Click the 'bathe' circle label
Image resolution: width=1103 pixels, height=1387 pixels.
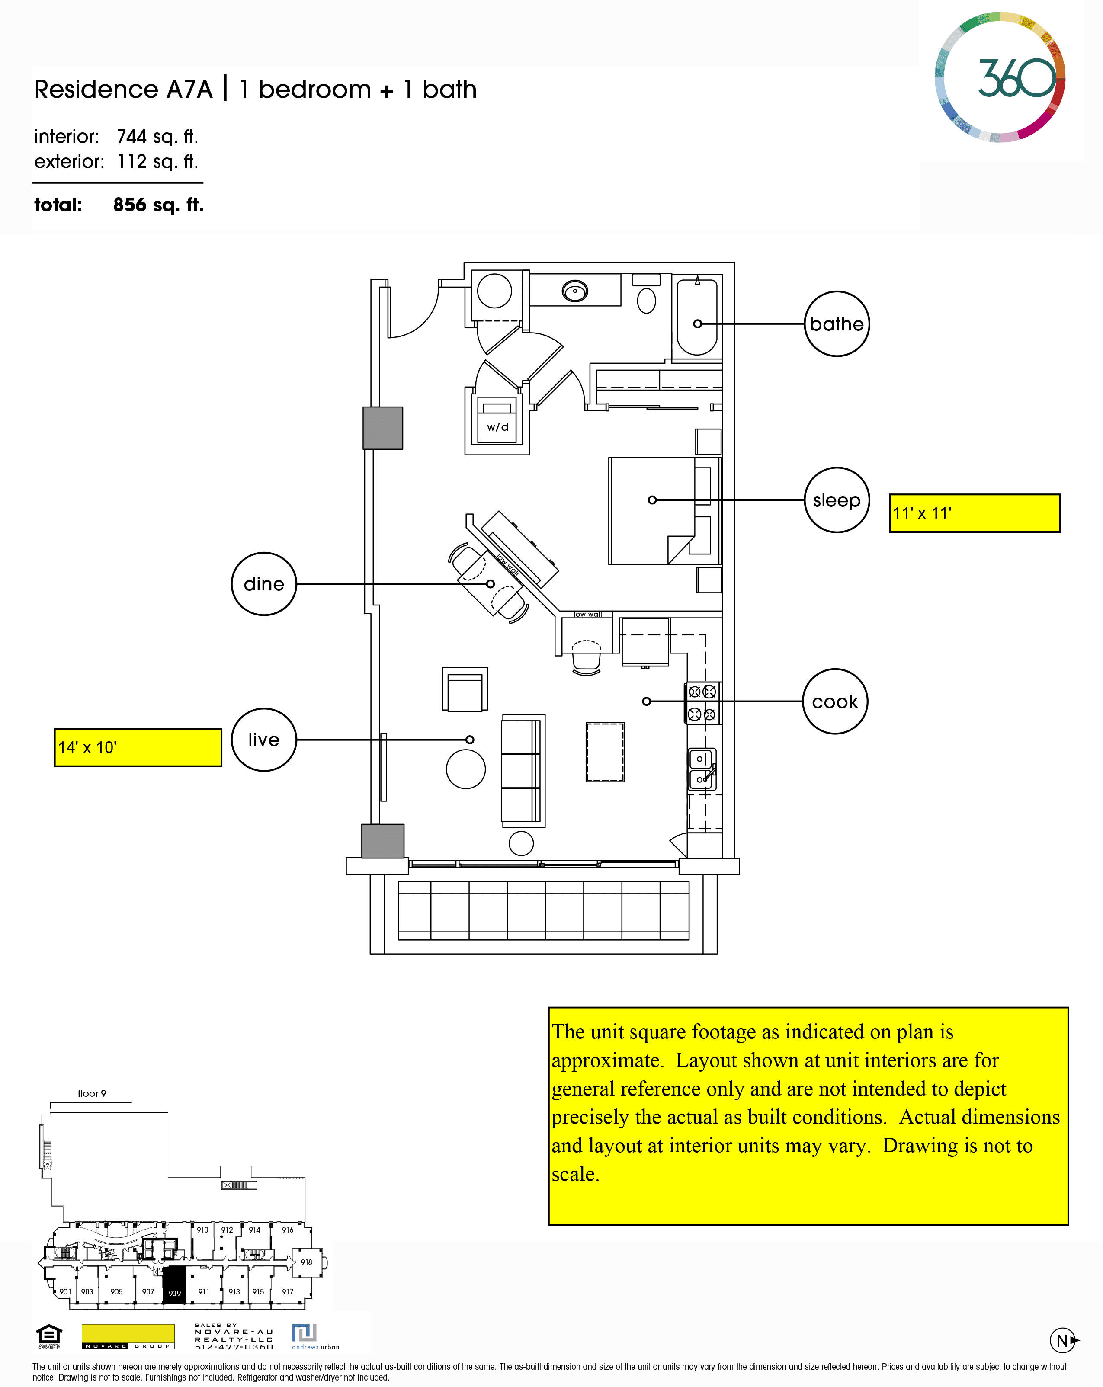click(837, 324)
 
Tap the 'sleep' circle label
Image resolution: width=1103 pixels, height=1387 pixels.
click(837, 500)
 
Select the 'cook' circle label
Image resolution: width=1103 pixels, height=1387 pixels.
click(835, 701)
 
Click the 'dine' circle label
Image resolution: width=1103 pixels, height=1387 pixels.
click(264, 583)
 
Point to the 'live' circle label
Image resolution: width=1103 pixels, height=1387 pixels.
click(264, 740)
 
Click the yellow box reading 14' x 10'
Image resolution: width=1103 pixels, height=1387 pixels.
click(138, 747)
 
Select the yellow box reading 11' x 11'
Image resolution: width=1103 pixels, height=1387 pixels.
click(974, 513)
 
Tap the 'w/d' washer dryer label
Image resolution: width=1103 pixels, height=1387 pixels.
click(497, 426)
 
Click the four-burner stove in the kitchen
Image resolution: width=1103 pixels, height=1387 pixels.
click(702, 702)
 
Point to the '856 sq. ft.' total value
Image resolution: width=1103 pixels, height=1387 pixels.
click(158, 205)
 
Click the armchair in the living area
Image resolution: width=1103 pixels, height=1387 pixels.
click(465, 690)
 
